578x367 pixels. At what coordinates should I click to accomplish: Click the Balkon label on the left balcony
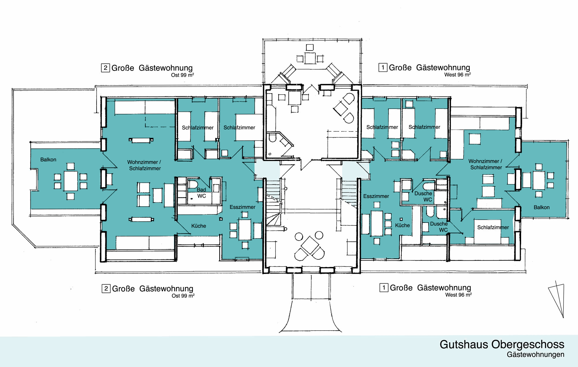[48, 160]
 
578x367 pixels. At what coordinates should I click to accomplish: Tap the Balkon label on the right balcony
[542, 207]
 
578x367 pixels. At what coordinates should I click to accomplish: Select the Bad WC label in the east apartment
[201, 193]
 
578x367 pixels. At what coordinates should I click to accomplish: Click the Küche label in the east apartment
[199, 226]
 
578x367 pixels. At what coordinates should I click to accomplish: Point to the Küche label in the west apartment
[402, 225]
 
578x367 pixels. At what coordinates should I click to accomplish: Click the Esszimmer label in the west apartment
[376, 196]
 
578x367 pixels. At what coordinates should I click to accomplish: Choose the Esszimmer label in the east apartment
[242, 207]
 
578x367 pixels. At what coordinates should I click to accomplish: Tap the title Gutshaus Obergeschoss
[502, 344]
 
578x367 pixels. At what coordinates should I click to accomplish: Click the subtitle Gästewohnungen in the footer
[535, 355]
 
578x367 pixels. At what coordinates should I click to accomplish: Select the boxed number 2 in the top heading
[105, 68]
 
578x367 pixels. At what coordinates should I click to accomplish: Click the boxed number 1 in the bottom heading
[384, 288]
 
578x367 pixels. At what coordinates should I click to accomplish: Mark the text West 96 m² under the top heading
[457, 75]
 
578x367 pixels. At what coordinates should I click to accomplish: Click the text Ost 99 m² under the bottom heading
[183, 296]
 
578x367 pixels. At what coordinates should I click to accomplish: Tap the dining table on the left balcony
[71, 181]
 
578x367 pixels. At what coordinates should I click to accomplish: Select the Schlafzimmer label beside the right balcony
[493, 227]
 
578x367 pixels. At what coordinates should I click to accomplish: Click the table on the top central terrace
[310, 58]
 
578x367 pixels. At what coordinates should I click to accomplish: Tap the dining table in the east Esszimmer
[245, 230]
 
